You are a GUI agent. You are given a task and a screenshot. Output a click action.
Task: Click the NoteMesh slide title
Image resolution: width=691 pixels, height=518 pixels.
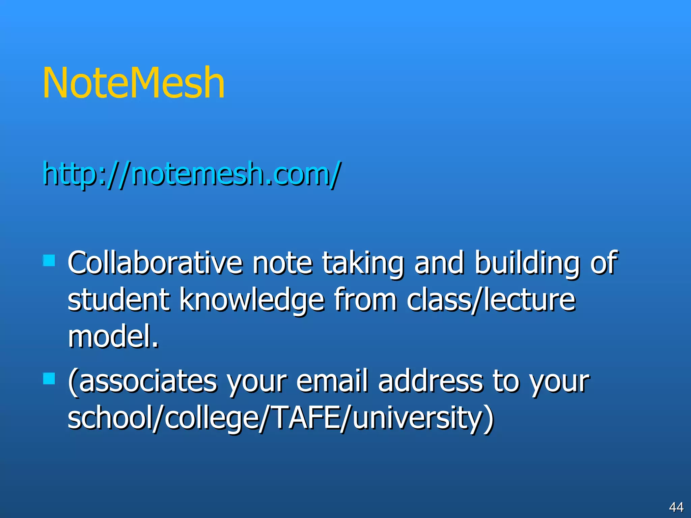coord(134,83)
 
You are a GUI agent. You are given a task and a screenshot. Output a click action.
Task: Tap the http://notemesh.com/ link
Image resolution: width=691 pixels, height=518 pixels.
coord(192,174)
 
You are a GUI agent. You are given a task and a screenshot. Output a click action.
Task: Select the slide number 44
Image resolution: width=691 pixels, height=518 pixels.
coord(676,507)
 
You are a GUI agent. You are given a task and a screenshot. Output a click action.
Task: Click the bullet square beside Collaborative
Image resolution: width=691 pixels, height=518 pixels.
coord(49,260)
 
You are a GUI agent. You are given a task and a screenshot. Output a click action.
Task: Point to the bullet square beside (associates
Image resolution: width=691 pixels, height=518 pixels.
coord(49,378)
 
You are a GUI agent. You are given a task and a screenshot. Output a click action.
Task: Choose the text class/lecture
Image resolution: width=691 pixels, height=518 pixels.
coord(491,300)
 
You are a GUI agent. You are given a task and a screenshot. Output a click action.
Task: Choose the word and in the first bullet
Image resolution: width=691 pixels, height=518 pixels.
coord(439,263)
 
